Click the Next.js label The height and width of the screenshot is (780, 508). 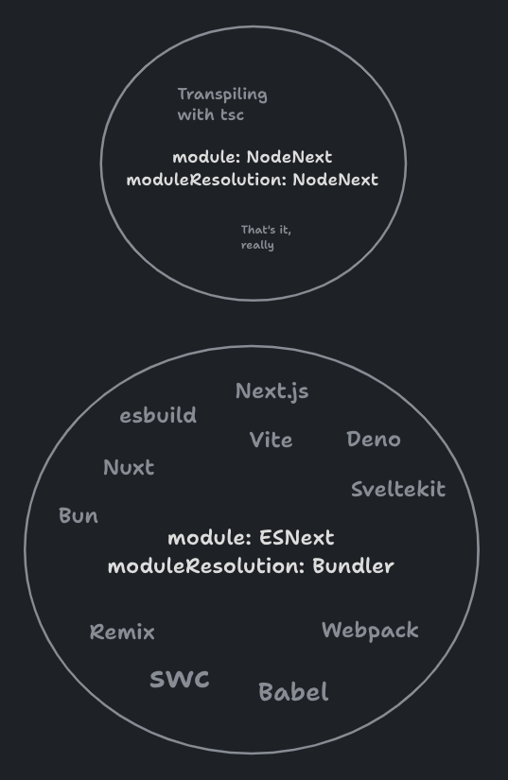tap(272, 391)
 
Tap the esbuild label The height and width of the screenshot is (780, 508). tap(158, 415)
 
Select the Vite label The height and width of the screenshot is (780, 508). tap(272, 440)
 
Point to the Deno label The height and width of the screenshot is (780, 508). tap(374, 440)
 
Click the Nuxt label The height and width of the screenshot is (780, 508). tap(129, 467)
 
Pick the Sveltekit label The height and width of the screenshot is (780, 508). tap(398, 489)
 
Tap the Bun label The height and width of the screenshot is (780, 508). tap(79, 515)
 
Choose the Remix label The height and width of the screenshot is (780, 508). tap(122, 632)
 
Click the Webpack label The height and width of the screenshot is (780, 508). tap(370, 631)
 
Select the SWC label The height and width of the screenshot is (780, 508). tap(180, 679)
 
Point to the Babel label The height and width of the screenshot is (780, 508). tap(293, 692)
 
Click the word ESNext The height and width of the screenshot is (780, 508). tap(297, 538)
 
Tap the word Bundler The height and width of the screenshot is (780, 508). tap(353, 566)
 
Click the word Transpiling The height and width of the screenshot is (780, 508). tap(222, 95)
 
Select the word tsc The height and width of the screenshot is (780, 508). tap(233, 115)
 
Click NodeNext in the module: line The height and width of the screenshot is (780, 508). tap(289, 157)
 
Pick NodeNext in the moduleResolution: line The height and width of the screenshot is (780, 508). tap(335, 180)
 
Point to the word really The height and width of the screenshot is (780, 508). tap(257, 245)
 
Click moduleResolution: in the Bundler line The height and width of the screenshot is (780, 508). tap(206, 566)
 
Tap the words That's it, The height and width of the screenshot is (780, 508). tap(266, 230)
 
